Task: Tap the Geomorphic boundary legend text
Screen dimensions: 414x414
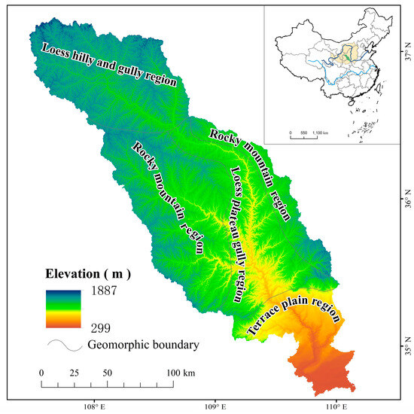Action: point(132,346)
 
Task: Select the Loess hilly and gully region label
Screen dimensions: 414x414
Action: point(108,66)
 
